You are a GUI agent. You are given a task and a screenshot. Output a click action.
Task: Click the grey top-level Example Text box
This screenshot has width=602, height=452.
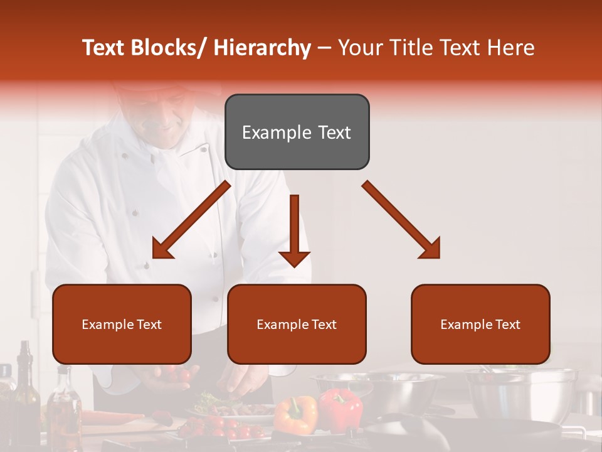[297, 132]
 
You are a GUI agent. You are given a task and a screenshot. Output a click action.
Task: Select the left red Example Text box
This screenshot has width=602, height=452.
[122, 324]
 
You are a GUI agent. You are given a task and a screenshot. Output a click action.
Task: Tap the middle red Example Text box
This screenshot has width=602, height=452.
[297, 324]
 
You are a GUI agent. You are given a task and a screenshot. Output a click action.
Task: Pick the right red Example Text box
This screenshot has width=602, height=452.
[480, 324]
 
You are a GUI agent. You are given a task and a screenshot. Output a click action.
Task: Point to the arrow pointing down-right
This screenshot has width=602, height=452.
[402, 220]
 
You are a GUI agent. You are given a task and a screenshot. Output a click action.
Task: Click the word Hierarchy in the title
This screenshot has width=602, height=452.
[262, 48]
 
